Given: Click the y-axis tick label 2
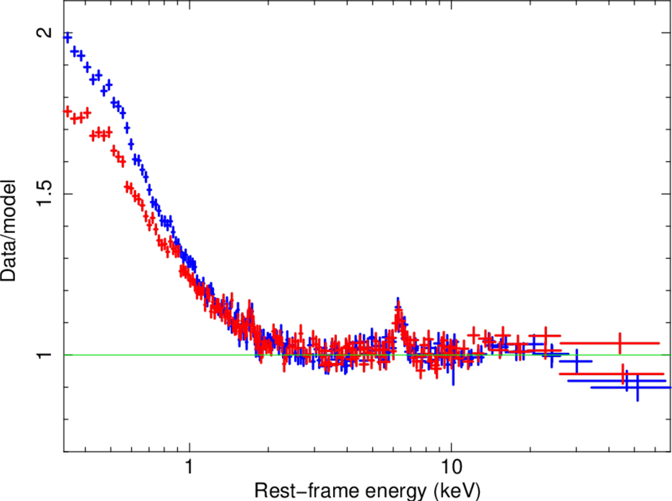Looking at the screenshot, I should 42,33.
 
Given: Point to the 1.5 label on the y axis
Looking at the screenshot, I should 42,194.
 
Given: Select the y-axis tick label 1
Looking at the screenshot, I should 42,355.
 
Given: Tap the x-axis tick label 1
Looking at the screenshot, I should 189,466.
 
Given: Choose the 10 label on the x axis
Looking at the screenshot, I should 451,466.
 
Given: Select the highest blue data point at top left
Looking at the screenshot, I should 68,38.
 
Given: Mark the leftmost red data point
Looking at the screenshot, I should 68,112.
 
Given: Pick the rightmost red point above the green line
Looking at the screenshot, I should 619,342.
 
